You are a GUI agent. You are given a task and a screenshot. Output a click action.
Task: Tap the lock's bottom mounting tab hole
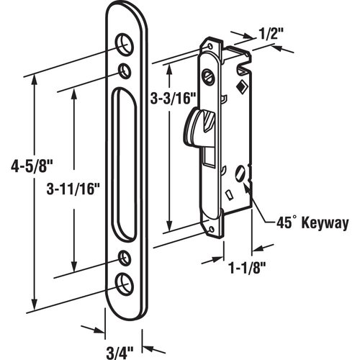pyautogui.click(x=212, y=228)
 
